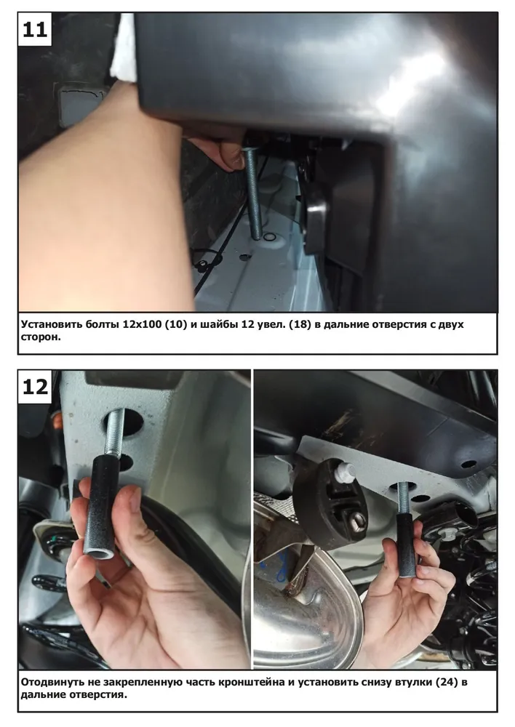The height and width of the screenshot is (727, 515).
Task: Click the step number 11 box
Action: click(35, 30)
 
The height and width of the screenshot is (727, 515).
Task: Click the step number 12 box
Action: click(35, 387)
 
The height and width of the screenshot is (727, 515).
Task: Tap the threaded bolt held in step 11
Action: click(255, 194)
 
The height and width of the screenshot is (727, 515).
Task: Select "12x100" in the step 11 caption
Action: click(141, 324)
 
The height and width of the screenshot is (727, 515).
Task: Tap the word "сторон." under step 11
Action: click(41, 337)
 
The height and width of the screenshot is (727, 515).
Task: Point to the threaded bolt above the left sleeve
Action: click(115, 433)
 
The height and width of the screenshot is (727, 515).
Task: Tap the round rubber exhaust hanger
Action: click(331, 503)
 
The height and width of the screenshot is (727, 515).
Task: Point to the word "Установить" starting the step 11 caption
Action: click(52, 324)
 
